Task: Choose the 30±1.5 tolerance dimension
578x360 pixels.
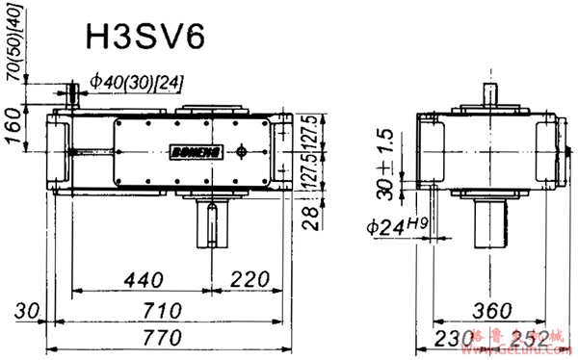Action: (x=386, y=162)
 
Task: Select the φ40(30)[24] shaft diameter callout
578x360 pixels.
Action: (x=134, y=84)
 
